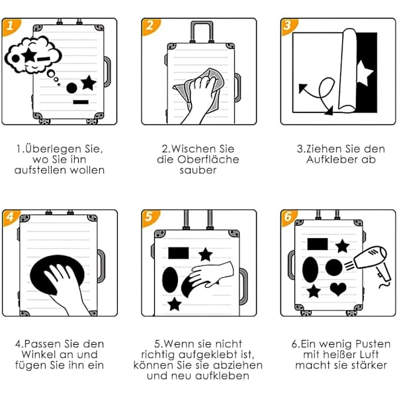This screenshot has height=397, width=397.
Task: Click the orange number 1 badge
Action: click(x=10, y=26)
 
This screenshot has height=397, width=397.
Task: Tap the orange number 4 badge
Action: click(x=10, y=217)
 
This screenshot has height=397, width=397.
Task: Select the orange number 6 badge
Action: click(x=288, y=217)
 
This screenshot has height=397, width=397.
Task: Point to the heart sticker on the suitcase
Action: click(x=338, y=289)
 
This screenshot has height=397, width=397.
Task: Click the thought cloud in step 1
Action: click(x=33, y=55)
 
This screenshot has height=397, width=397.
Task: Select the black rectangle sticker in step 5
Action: click(x=179, y=253)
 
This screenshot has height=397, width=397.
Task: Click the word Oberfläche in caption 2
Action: click(x=208, y=159)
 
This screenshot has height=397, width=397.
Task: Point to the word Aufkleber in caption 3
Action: click(x=331, y=159)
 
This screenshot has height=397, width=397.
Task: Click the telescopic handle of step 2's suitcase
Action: click(x=202, y=32)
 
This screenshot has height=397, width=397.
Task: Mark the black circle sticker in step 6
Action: click(x=333, y=267)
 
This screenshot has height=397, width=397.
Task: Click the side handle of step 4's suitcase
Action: click(x=101, y=266)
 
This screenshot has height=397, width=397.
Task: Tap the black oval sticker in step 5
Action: click(x=170, y=280)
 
